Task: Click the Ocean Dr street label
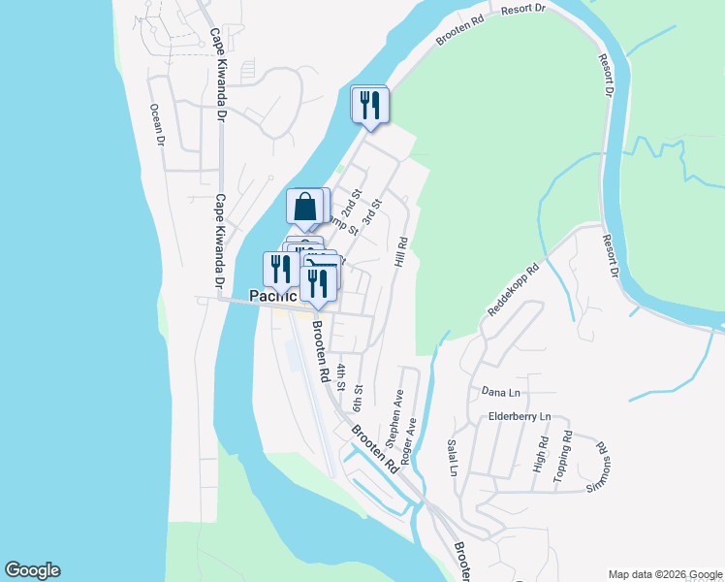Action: [x=155, y=125]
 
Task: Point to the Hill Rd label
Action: [x=400, y=254]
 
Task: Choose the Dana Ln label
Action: [x=501, y=392]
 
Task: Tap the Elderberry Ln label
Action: [x=519, y=416]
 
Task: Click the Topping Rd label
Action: [x=562, y=458]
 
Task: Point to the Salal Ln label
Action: [x=452, y=457]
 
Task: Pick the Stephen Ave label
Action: [x=394, y=417]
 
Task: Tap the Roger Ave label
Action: [x=412, y=439]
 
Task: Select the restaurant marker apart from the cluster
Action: [x=368, y=105]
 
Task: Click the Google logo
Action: [x=32, y=570]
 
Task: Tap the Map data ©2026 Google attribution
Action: [x=664, y=574]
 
